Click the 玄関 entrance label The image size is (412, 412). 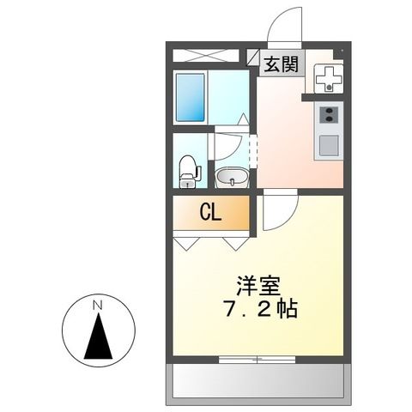(281, 64)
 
